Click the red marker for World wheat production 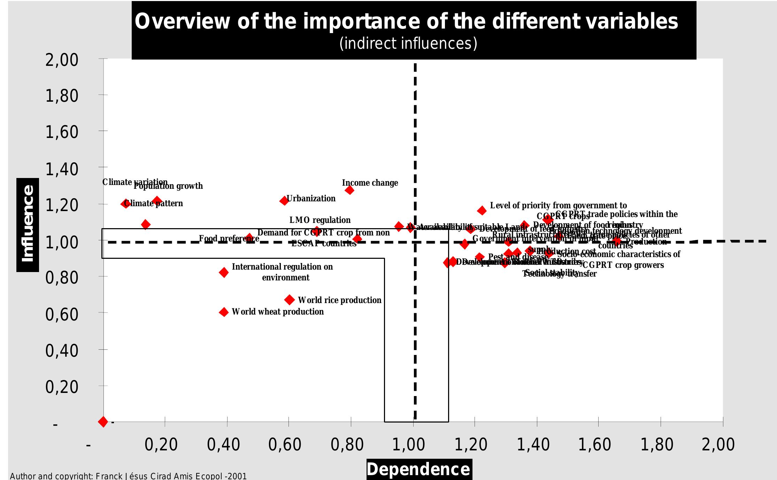click(224, 312)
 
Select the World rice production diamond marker click(289, 300)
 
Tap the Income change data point click(349, 190)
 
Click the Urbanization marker click(284, 201)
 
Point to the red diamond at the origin click(103, 422)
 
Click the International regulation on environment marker click(224, 272)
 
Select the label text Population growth click(168, 186)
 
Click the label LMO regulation click(320, 220)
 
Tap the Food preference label click(229, 239)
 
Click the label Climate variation click(135, 182)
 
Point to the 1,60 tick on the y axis click(62, 132)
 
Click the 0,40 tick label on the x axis click(223, 445)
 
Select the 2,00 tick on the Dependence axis click(718, 445)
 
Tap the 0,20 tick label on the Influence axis click(62, 387)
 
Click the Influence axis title click(28, 225)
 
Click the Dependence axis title click(418, 469)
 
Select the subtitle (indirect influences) click(408, 44)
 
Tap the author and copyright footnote click(128, 476)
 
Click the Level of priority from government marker click(482, 210)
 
